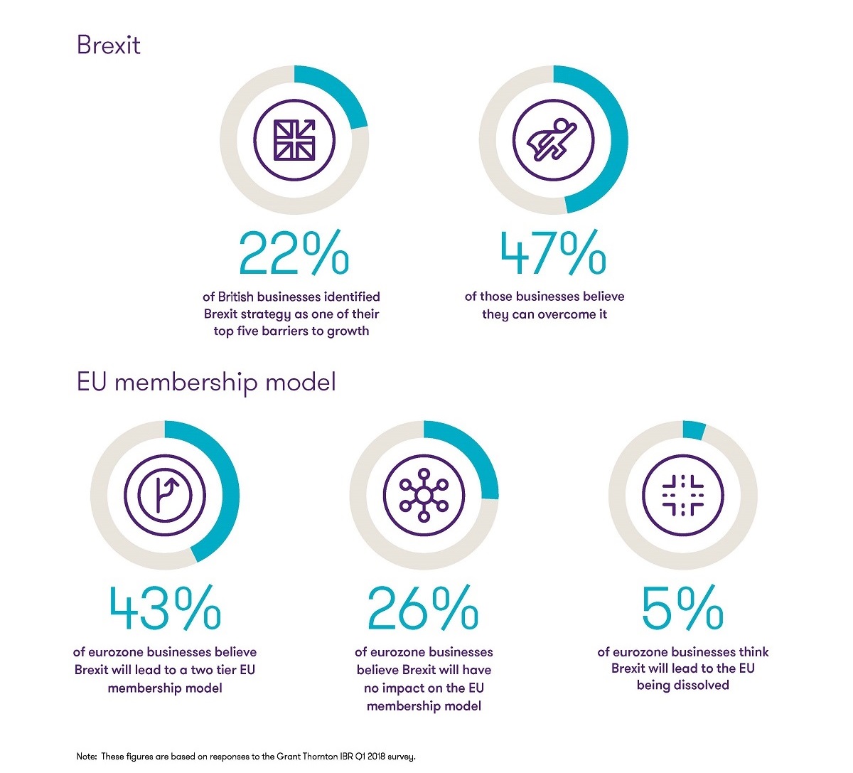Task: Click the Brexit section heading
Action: click(x=108, y=46)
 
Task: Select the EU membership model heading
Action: click(x=205, y=383)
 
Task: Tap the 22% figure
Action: click(x=294, y=253)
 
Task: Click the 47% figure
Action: click(x=552, y=253)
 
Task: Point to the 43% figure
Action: click(x=165, y=609)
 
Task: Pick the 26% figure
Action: click(x=423, y=609)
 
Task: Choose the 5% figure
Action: click(x=682, y=609)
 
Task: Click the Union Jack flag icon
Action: click(x=294, y=139)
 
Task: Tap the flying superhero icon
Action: click(x=552, y=139)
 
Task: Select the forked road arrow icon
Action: click(x=165, y=494)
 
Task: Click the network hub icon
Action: click(x=424, y=494)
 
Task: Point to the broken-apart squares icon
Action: click(x=682, y=494)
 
